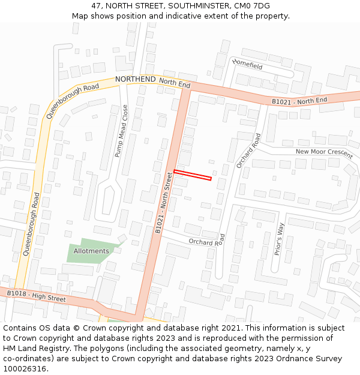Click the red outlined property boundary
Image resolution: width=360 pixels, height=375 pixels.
point(193,175)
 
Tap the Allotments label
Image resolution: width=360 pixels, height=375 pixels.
point(91,251)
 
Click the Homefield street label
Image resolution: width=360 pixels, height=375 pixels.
point(247,63)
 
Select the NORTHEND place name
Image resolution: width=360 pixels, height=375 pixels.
point(135,79)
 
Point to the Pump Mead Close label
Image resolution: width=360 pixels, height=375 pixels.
point(122,131)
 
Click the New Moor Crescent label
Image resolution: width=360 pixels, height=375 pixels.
point(324,152)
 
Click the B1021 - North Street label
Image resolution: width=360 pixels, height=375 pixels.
point(164,202)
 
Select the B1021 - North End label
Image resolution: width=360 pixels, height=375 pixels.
point(299,101)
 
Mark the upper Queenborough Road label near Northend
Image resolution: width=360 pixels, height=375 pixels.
point(72,100)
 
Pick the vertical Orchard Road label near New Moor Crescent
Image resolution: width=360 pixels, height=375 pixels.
point(248,150)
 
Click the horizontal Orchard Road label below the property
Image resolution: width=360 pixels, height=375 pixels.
point(206,242)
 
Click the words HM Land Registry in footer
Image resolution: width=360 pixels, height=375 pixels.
point(31,349)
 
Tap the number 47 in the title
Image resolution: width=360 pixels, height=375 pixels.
point(97,6)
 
